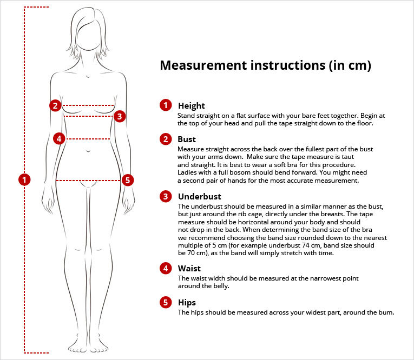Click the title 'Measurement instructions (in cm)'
[x=265, y=66]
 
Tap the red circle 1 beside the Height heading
[x=166, y=105]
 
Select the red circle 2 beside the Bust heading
[x=166, y=139]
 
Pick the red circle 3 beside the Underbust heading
[x=166, y=196]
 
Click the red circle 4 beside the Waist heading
[x=166, y=268]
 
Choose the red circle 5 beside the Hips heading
[x=166, y=302]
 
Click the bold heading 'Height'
[x=192, y=106]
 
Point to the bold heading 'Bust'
[x=187, y=139]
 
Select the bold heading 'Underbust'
[x=199, y=196]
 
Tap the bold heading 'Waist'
[x=189, y=268]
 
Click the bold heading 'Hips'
[x=187, y=302]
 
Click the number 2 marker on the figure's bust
[x=55, y=105]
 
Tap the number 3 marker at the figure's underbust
[x=120, y=116]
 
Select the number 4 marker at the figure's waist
[x=60, y=139]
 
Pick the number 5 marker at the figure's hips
[x=128, y=180]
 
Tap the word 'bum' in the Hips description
[x=385, y=312]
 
